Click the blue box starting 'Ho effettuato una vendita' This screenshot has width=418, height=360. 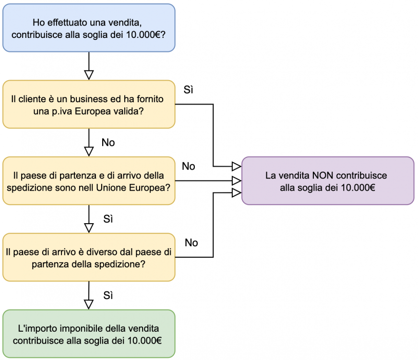click(x=89, y=28)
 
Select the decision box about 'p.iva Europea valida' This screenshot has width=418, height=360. click(x=89, y=104)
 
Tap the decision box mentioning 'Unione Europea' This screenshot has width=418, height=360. click(x=89, y=180)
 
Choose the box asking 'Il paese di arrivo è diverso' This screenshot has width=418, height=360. click(x=89, y=257)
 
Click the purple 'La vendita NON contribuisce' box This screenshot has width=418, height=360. click(x=327, y=180)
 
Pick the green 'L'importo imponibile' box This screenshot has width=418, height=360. click(x=89, y=334)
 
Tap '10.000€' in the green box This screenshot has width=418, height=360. click(x=145, y=340)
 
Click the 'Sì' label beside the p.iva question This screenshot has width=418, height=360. click(x=189, y=90)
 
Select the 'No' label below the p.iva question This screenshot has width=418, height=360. click(x=108, y=143)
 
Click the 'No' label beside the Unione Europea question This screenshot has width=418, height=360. click(x=189, y=166)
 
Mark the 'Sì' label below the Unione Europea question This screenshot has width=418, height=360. click(x=108, y=219)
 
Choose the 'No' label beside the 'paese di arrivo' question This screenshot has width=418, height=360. click(x=191, y=243)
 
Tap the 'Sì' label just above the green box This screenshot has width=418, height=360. click(x=108, y=295)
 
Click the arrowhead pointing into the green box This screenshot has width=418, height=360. click(x=89, y=304)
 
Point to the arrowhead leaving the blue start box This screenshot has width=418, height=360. click(x=89, y=74)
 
